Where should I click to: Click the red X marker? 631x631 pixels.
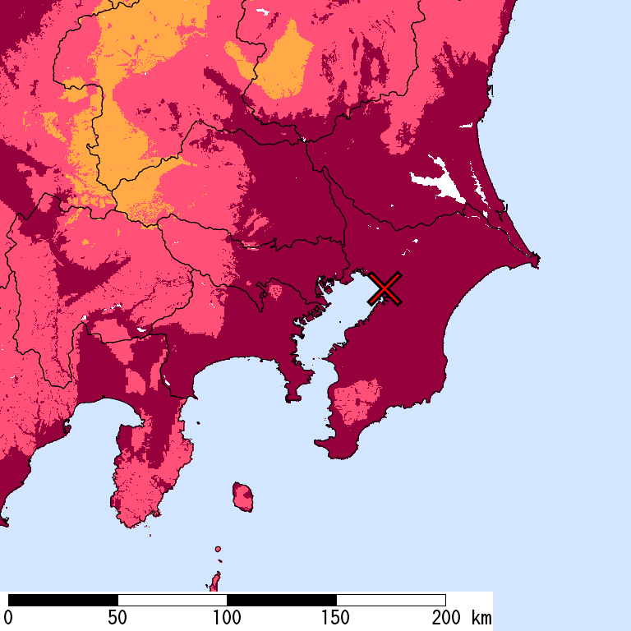tap(385, 288)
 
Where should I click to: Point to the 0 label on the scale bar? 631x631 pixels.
tap(8, 618)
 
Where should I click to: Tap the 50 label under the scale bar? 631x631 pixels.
tap(117, 618)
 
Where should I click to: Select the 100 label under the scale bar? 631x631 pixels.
tap(227, 618)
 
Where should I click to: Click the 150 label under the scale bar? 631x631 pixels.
tap(336, 618)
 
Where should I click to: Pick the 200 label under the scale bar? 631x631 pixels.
tap(445, 618)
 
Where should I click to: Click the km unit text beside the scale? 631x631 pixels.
tap(481, 618)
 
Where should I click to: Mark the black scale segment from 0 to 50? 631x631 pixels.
tap(63, 600)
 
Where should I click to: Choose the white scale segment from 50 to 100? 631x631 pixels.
tap(173, 600)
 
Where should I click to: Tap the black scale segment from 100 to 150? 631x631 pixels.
tap(282, 600)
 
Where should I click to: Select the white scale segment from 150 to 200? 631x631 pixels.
tap(391, 600)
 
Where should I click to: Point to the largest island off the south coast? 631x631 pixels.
tap(242, 496)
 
